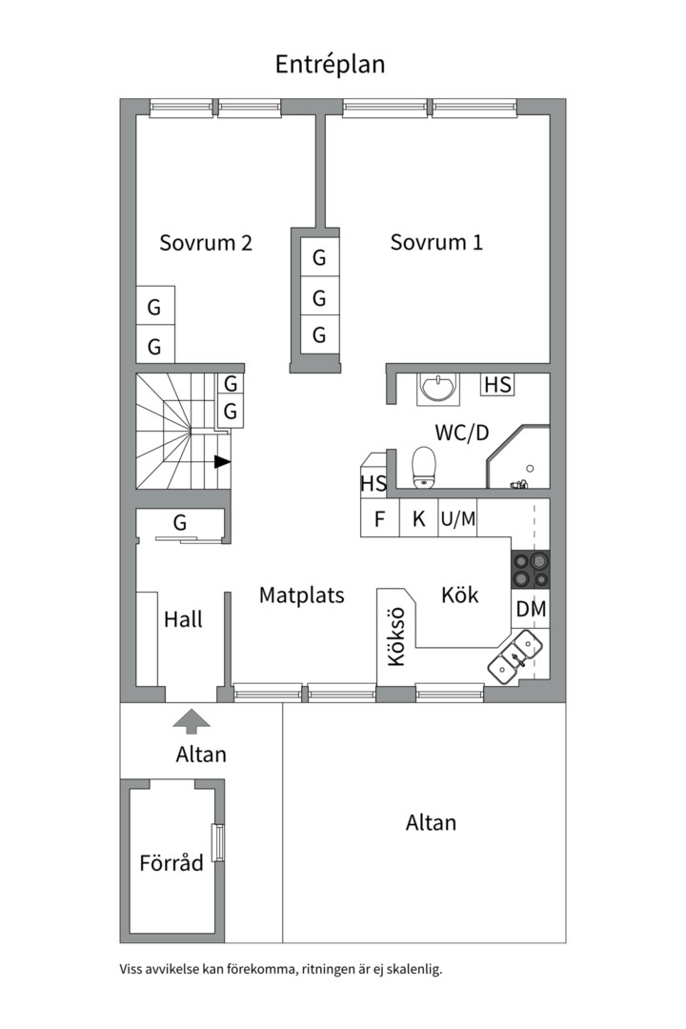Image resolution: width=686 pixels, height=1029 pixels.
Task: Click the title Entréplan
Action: (330, 65)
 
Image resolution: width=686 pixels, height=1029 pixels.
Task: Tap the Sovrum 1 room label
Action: (436, 242)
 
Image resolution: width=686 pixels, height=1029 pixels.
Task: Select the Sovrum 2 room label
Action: (206, 243)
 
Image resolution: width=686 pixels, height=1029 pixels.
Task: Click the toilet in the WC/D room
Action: (423, 467)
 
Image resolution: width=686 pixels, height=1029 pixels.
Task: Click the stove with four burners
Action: (531, 570)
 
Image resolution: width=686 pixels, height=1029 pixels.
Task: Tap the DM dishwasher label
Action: (531, 609)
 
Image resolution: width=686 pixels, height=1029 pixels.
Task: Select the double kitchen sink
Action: (514, 656)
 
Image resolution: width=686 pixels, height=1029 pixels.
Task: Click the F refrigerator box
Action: (380, 518)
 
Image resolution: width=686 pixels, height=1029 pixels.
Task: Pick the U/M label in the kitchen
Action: (458, 519)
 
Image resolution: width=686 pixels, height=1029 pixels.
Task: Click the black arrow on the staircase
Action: (223, 462)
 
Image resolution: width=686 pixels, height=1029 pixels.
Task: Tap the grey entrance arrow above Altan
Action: (192, 721)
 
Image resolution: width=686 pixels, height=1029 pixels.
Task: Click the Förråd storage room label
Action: (171, 863)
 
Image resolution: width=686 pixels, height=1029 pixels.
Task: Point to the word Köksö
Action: (396, 636)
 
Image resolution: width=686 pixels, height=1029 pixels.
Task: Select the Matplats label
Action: (301, 595)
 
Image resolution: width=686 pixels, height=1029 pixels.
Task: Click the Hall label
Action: (183, 619)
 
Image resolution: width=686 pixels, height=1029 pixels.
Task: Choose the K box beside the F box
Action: (418, 518)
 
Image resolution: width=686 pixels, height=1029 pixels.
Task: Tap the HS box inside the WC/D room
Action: (497, 384)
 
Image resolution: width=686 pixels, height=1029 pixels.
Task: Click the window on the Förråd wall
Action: (218, 842)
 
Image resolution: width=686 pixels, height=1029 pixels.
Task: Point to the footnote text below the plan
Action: (281, 969)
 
